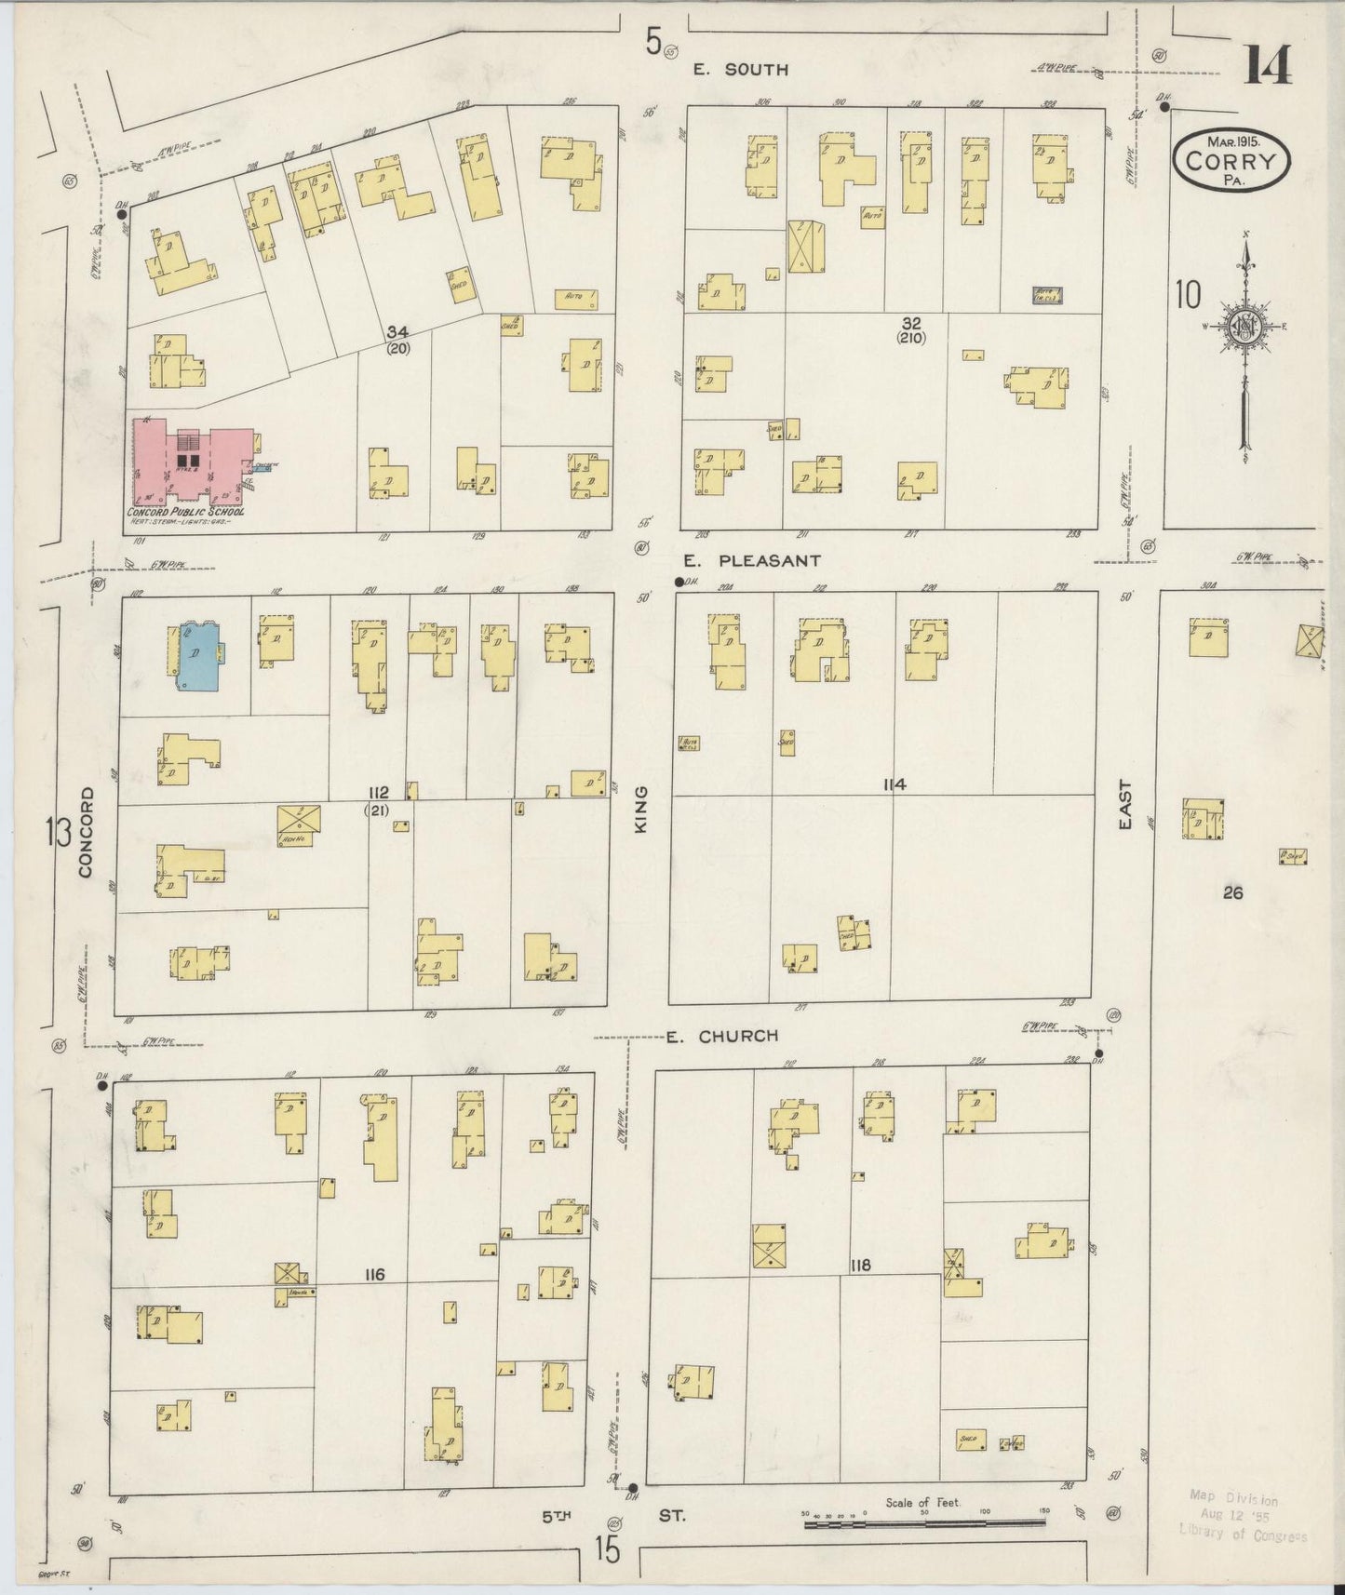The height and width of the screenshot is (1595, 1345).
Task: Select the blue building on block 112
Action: pos(198,655)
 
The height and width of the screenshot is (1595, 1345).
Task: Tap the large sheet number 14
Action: pos(1267,66)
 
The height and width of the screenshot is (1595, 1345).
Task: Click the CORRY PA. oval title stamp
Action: pos(1231,161)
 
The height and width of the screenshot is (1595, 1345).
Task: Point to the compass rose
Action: pos(1244,327)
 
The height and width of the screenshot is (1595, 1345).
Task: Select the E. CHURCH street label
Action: pos(721,1035)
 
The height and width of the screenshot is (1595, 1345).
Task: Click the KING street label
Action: pos(641,808)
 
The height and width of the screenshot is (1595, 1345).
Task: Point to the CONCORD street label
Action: pos(87,832)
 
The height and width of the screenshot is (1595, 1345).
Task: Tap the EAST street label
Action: pos(1125,804)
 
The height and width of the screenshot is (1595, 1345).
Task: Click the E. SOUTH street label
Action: pos(743,70)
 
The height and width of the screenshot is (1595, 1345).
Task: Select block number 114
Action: pos(894,784)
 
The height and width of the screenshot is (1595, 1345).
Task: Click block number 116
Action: pos(375,1274)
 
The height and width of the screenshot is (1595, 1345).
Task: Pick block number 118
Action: pos(860,1266)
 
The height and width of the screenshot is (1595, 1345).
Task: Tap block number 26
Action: pos(1233,893)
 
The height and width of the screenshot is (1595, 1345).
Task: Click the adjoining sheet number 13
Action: pos(60,831)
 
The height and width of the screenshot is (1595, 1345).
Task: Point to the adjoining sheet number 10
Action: pos(1187,295)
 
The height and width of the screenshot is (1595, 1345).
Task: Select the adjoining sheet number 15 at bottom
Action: pos(607,1550)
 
